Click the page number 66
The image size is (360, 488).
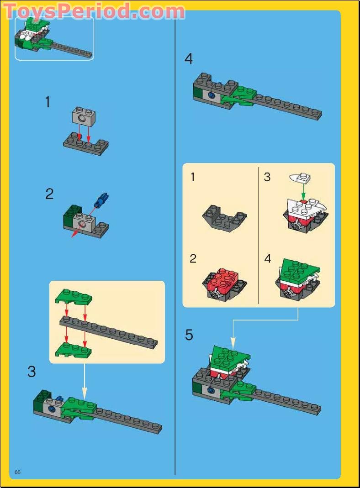(x=18, y=472)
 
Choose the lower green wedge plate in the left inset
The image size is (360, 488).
(x=73, y=350)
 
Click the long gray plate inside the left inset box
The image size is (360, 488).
(x=110, y=331)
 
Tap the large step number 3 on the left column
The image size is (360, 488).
(x=31, y=372)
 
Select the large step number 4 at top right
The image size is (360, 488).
(x=189, y=59)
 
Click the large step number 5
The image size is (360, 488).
(x=189, y=335)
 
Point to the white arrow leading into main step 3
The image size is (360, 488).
(x=85, y=379)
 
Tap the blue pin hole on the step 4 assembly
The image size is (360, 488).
(x=212, y=95)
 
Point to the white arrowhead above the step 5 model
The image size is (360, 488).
(x=233, y=342)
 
